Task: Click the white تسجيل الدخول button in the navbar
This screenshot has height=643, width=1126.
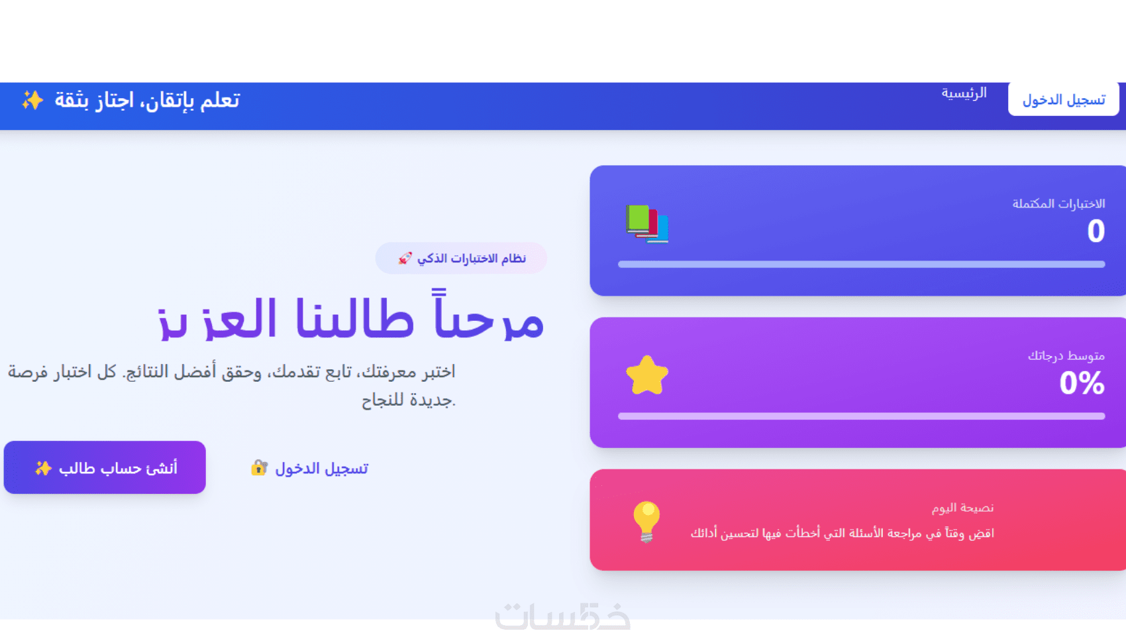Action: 1063,99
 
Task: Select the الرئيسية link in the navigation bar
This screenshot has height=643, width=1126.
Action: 964,93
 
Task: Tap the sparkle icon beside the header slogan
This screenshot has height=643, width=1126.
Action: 32,100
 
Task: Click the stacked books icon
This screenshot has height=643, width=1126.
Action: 646,223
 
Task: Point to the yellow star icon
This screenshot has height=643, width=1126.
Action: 646,375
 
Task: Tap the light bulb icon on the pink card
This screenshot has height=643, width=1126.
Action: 646,521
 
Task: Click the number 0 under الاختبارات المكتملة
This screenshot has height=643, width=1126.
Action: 1096,231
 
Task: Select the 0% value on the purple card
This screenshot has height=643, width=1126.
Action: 1082,382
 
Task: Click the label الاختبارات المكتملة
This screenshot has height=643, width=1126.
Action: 1058,204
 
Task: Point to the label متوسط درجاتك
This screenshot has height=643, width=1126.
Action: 1066,356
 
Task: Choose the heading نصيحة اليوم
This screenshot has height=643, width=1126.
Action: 962,508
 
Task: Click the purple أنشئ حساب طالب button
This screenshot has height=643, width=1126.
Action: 105,467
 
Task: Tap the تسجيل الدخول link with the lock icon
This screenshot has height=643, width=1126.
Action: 321,469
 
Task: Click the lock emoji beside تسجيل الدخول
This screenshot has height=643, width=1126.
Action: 259,468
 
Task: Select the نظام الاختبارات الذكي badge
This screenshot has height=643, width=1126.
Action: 461,258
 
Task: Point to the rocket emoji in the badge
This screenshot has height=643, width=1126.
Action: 405,258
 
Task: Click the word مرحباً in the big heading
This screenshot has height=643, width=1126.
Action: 489,320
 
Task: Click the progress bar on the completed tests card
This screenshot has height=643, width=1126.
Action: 861,264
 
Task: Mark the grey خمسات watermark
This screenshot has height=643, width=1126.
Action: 563,616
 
